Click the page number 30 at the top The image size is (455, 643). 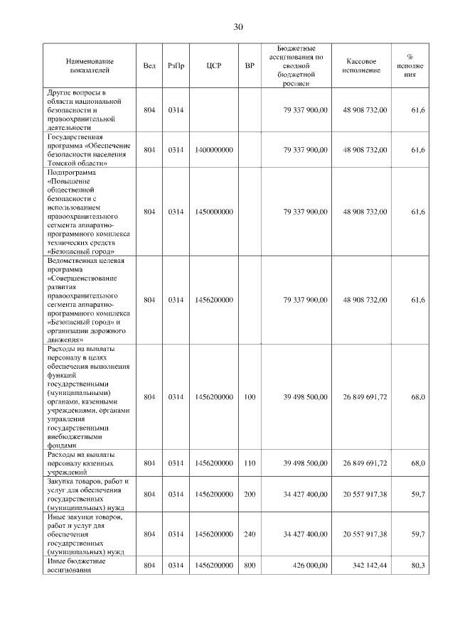click(238, 27)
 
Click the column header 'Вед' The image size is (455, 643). click(149, 66)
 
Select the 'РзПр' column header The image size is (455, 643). click(176, 66)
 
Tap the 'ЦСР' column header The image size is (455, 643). click(214, 66)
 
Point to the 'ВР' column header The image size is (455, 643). click(250, 66)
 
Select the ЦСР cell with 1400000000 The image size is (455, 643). click(214, 150)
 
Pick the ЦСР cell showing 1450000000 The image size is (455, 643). click(214, 211)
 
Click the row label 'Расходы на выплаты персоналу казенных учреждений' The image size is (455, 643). click(82, 463)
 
